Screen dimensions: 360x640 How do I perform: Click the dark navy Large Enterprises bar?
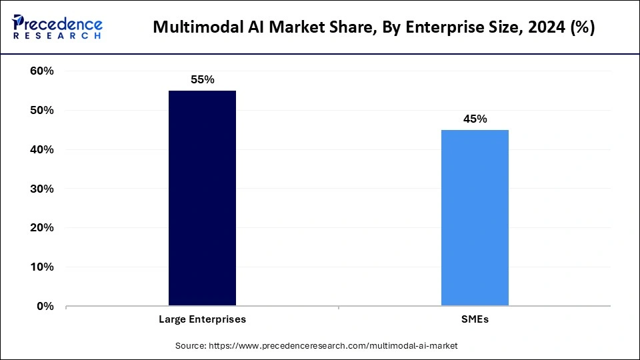[202, 198]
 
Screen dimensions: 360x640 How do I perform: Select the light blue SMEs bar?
[475, 217]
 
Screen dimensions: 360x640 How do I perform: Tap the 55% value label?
[202, 79]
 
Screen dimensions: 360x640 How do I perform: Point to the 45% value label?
[475, 119]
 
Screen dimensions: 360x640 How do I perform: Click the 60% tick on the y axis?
[42, 71]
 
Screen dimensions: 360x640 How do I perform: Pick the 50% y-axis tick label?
[42, 111]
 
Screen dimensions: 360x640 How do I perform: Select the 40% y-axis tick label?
[42, 150]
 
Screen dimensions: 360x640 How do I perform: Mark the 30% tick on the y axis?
[42, 189]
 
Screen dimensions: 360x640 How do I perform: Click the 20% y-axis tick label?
[42, 228]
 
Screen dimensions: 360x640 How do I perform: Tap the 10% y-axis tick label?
[42, 267]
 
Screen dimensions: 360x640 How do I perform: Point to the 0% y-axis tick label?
[45, 307]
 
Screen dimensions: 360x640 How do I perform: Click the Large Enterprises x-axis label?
[202, 319]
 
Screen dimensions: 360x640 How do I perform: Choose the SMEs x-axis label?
[475, 319]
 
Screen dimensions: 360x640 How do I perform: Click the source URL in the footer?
[333, 345]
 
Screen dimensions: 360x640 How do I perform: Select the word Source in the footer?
[191, 345]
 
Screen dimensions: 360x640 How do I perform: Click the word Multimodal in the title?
[193, 28]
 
